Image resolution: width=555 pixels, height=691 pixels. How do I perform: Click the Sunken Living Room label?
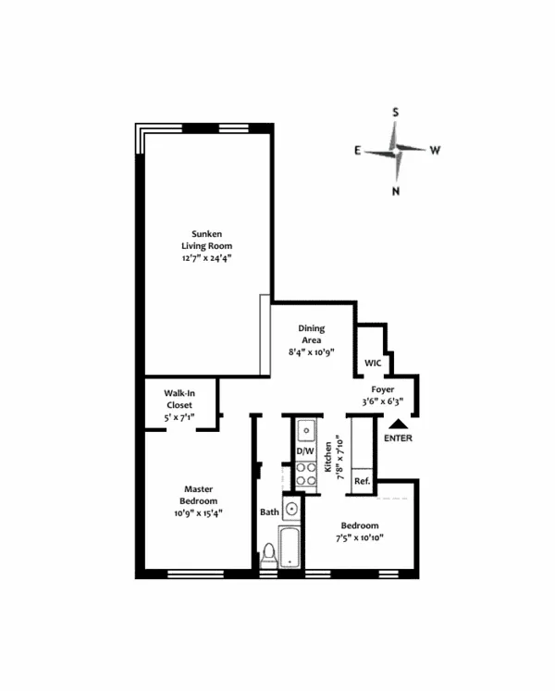[x=205, y=240]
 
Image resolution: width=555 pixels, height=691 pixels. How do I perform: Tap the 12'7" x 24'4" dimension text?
[x=205, y=259]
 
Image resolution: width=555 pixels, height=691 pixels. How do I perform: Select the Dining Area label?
[x=311, y=334]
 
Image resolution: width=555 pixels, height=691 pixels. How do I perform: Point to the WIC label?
[x=374, y=364]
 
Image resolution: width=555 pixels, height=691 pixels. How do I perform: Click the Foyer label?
[x=382, y=389]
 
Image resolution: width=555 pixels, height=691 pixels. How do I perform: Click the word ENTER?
[x=398, y=438]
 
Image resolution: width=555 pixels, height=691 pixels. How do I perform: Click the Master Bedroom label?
[x=199, y=495]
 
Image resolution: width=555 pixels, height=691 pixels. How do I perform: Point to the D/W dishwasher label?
[x=305, y=451]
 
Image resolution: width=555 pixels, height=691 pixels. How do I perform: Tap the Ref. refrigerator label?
[x=362, y=481]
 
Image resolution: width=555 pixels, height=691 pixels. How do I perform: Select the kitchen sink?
[x=306, y=430]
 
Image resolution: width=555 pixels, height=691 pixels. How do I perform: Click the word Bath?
[x=269, y=512]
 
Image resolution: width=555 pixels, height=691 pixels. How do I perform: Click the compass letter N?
[x=396, y=191]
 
